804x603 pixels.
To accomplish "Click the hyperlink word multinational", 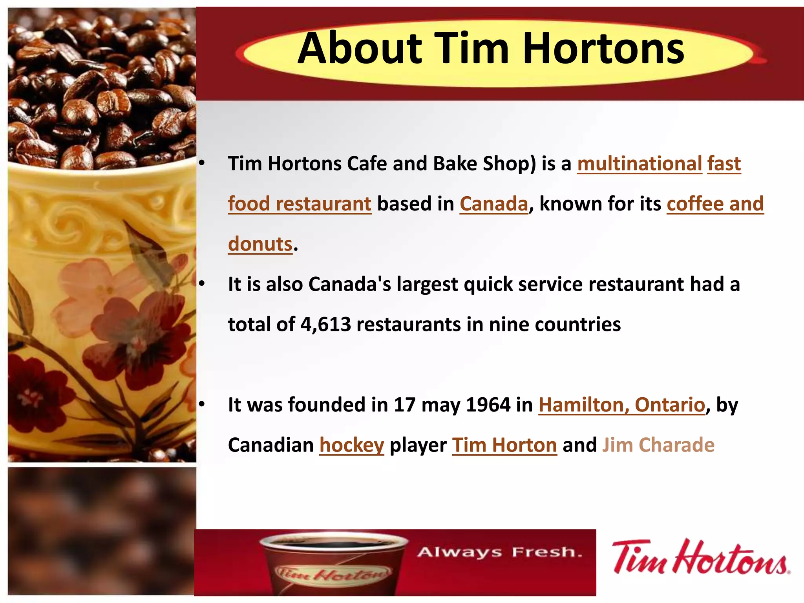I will pos(640,163).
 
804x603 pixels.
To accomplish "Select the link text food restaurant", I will pos(300,204).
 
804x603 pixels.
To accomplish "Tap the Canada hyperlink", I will pos(494,204).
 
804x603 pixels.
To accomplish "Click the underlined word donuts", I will pos(260,244).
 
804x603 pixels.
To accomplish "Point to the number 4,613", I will pos(326,324).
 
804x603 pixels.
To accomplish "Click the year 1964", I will pos(488,405).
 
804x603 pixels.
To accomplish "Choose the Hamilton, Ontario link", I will pos(621,405).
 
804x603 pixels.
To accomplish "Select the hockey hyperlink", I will pos(352,445).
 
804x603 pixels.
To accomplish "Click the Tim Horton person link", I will pos(504,445).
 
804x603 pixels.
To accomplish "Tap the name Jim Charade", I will pos(658,445).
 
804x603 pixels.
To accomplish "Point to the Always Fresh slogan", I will pos(499,552).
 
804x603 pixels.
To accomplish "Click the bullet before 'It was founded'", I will pos(202,404).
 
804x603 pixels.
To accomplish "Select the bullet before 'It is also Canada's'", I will pos(202,284).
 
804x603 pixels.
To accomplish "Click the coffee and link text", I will pos(715,204).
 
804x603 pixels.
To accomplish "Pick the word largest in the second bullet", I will pos(427,284).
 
